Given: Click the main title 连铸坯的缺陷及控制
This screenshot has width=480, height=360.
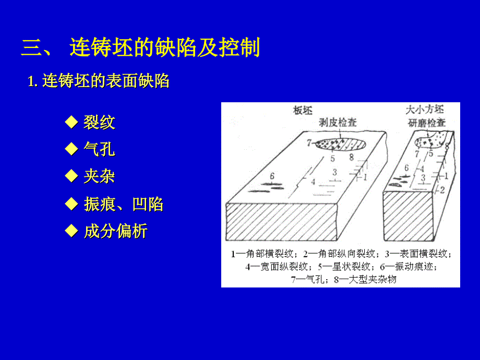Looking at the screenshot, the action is tap(165, 47).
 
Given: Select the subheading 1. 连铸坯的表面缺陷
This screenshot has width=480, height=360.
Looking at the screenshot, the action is tap(98, 81).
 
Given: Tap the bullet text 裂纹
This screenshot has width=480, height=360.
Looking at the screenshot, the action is tap(99, 123).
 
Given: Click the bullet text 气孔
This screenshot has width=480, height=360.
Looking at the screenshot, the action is tap(99, 149).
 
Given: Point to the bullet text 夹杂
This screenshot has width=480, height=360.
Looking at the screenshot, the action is tap(99, 176).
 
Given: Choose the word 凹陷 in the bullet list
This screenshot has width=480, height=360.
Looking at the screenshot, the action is tap(148, 204).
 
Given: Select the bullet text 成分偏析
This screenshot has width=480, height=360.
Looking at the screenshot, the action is tap(116, 231).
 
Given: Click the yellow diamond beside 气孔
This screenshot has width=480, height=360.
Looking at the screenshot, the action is tap(71, 149).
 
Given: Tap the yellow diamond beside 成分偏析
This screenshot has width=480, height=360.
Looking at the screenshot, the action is tap(71, 231).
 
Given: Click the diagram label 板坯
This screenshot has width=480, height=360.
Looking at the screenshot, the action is tap(303, 110).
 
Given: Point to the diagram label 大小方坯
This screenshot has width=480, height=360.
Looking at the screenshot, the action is tap(425, 110).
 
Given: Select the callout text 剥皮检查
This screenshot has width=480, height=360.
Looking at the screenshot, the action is tap(338, 123).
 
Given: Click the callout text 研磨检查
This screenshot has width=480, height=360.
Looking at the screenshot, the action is tap(427, 123).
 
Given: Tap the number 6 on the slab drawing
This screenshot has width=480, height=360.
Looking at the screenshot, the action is tap(272, 176).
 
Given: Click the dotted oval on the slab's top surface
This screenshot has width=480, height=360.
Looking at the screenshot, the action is tap(340, 144).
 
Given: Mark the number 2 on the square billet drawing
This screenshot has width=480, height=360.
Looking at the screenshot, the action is tap(442, 190).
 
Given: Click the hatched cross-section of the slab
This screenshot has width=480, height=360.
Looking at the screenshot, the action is tap(281, 222).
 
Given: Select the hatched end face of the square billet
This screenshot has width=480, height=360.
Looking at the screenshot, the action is tap(409, 216).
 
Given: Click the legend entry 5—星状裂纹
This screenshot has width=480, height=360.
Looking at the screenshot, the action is tap(344, 267).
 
